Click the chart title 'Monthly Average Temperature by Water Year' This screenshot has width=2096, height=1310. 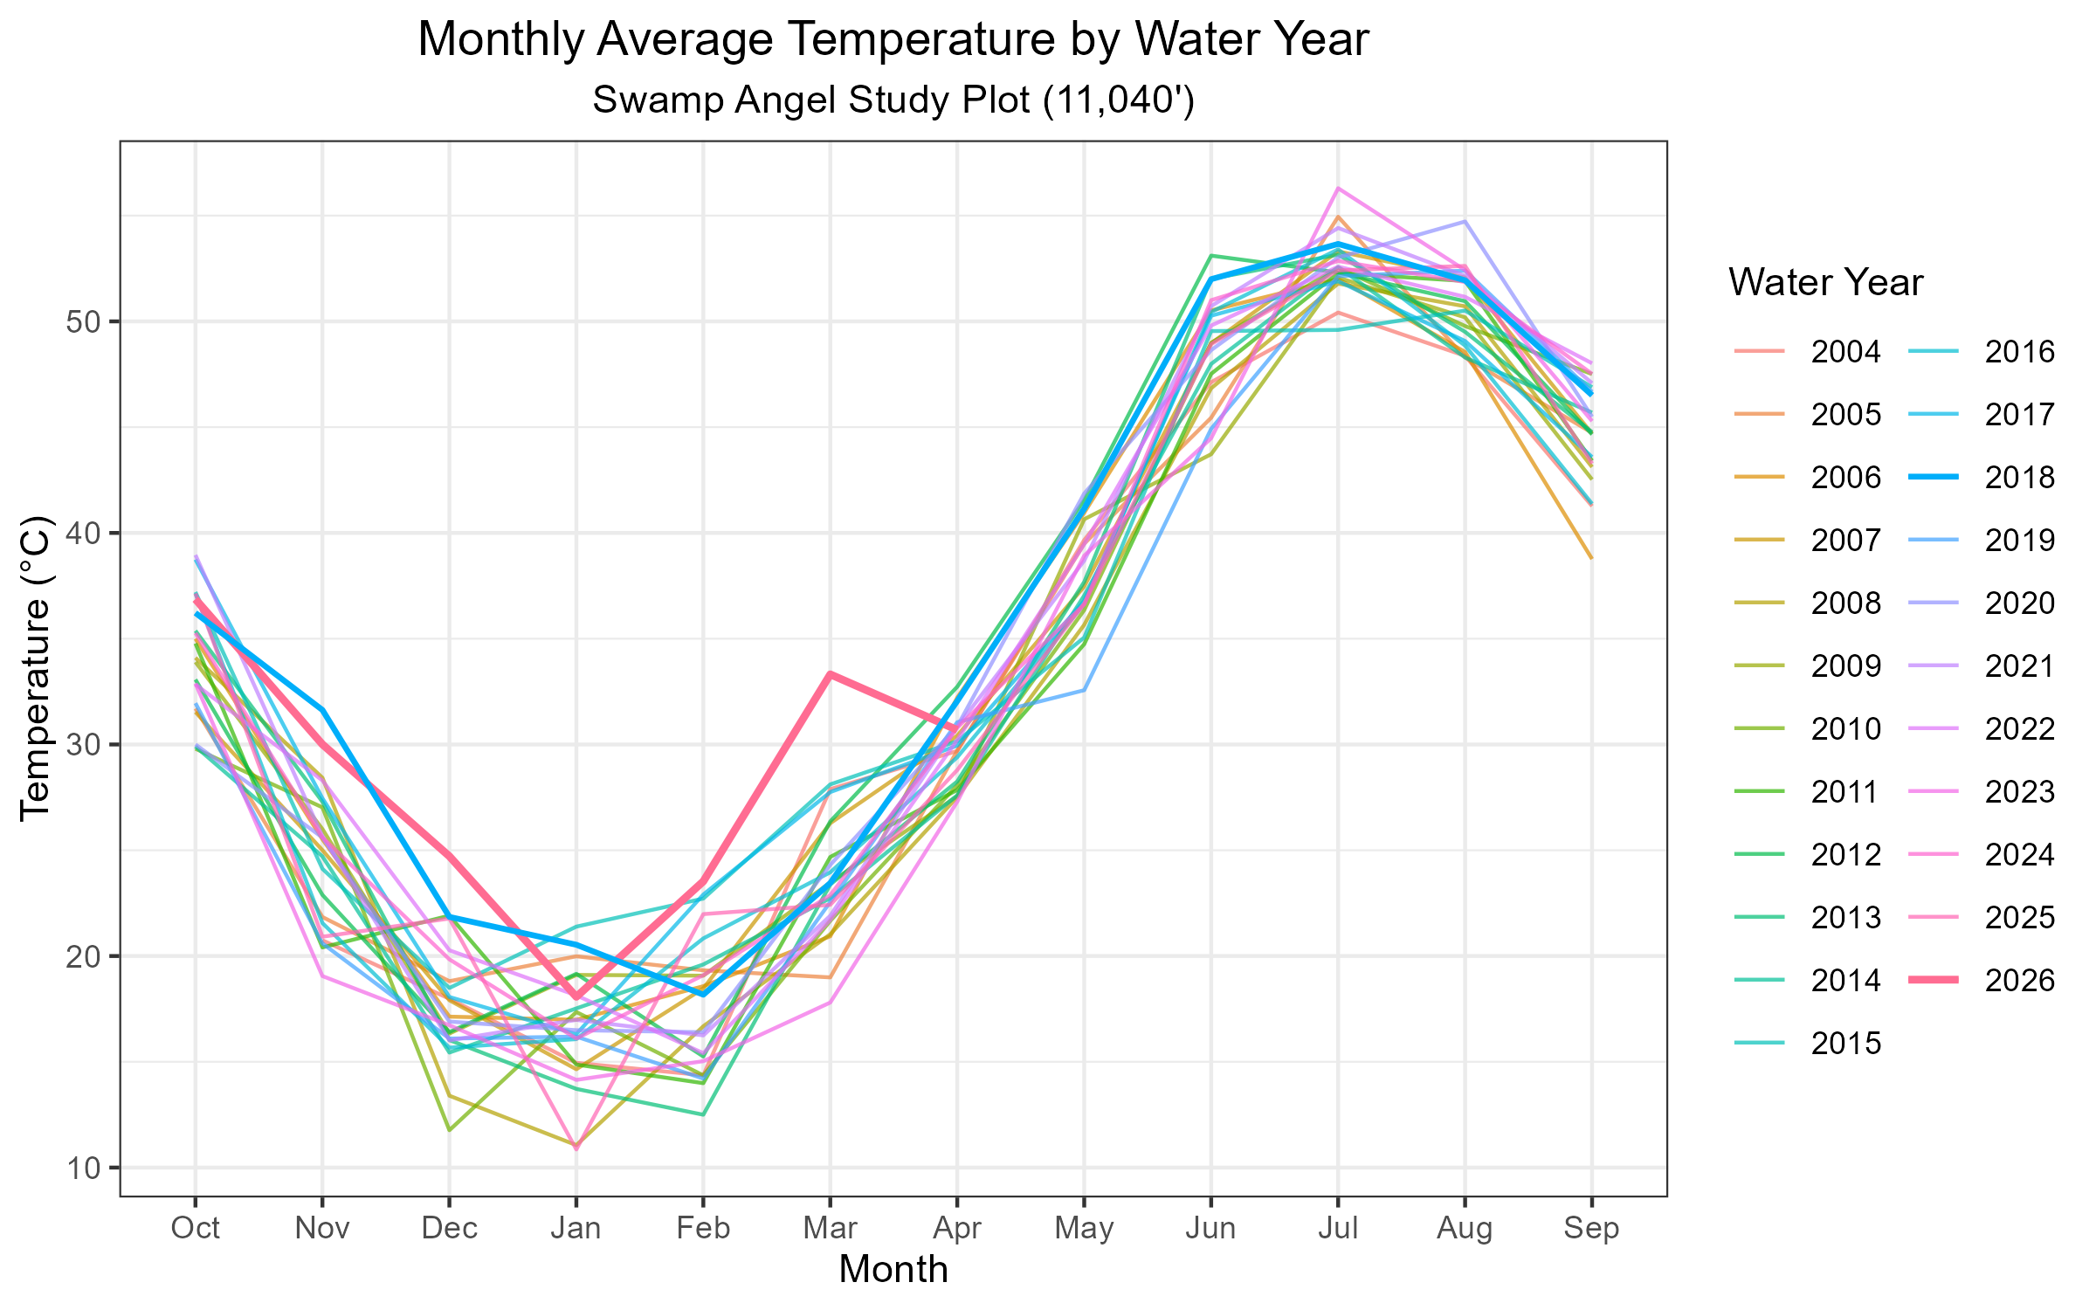[893, 40]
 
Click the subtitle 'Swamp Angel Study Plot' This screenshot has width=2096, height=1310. [893, 100]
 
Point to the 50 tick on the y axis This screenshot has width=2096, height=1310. [84, 321]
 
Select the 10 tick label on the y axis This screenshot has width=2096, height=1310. [84, 1168]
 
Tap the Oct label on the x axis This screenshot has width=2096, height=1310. [196, 1228]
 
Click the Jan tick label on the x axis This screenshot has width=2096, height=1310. [576, 1228]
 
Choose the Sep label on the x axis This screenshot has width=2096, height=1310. [1591, 1228]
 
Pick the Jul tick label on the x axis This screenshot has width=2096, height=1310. [1338, 1228]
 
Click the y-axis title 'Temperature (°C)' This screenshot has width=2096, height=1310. [37, 668]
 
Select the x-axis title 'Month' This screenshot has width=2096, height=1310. [893, 1270]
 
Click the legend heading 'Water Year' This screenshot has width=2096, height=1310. [1825, 283]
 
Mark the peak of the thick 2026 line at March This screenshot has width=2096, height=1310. [831, 674]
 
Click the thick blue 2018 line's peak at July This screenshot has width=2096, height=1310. [1338, 244]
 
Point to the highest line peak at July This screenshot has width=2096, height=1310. [1338, 188]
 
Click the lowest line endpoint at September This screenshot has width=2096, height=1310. [1591, 557]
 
